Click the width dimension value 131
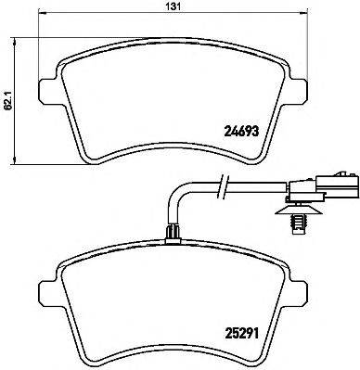pyautogui.click(x=172, y=6)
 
